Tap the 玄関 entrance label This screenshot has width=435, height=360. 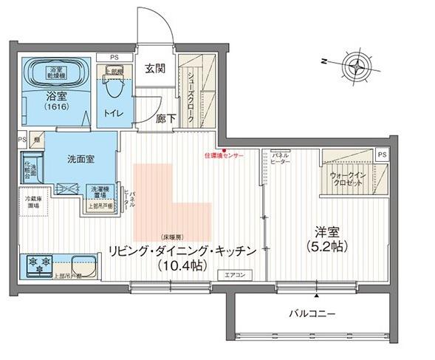154,69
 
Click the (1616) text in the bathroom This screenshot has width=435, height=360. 56,108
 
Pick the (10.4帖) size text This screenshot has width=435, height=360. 183,266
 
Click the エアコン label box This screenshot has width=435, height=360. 235,275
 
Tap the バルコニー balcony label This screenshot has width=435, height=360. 312,313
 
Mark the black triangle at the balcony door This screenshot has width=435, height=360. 317,296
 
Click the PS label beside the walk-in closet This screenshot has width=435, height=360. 381,154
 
